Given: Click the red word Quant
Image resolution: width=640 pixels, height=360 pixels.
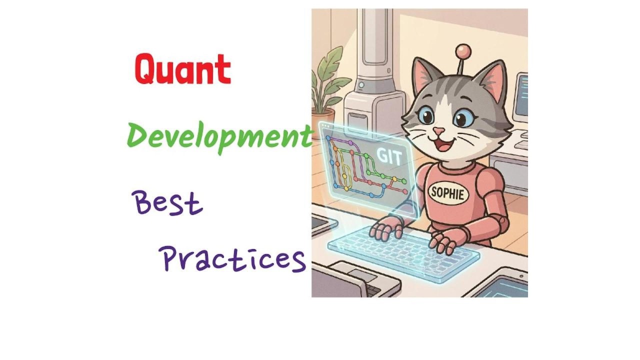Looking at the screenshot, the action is point(182,69).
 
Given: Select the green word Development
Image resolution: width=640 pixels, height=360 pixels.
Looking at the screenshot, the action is point(219,137).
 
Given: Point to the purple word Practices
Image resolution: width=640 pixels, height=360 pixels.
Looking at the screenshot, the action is point(232,259).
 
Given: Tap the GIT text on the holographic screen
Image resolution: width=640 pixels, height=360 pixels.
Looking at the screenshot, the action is point(389,156).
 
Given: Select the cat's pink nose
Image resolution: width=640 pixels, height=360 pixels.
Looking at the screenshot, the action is point(438,131).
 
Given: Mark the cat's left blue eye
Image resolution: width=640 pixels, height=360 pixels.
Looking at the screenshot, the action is point(425,115).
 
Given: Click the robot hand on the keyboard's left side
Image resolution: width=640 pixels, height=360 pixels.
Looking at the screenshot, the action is point(386,228).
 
